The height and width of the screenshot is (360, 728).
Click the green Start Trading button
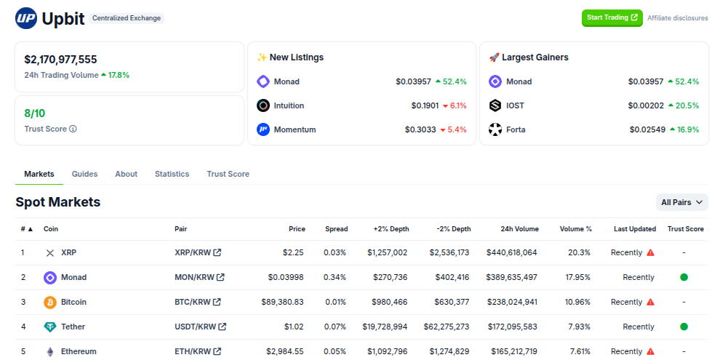coord(612,17)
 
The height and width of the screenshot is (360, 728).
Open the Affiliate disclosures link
coord(677,18)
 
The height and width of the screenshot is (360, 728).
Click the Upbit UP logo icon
coord(26,18)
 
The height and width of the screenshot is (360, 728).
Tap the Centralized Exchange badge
coord(127,18)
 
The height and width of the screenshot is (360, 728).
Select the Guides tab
coord(84,174)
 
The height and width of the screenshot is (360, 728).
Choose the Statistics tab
coord(172,174)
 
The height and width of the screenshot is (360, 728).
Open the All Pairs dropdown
coord(681,202)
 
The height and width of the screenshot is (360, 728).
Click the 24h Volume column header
coord(519,229)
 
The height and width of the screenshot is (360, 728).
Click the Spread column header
coord(336,229)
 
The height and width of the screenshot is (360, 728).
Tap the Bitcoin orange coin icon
coord(50,302)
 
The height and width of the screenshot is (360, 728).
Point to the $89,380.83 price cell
coord(282,302)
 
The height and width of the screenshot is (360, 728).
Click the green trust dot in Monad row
coord(684,277)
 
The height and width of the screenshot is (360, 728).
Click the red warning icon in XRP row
coord(650,252)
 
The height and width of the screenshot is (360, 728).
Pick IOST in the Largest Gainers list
coord(515,105)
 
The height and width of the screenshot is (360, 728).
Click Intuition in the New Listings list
coord(289,105)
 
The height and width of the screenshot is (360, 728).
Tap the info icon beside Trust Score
coord(73,129)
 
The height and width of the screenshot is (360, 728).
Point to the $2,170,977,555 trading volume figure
coord(60,60)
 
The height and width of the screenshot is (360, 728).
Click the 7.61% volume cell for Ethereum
coord(580,351)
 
